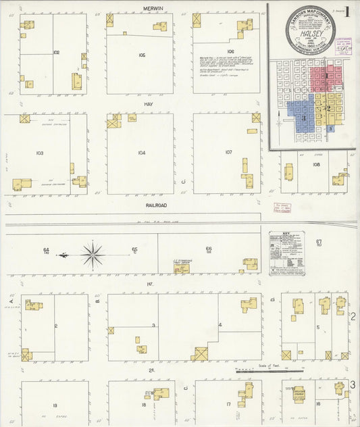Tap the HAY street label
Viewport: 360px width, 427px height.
(149, 105)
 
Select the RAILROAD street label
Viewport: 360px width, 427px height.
(156, 204)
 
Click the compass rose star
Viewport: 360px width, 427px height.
(93, 255)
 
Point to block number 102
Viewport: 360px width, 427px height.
(56, 52)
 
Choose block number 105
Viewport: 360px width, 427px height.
(142, 54)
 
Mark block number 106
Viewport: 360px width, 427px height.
(230, 51)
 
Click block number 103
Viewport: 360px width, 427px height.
(39, 153)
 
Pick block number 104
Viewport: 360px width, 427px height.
(142, 153)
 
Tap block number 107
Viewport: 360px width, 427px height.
(228, 152)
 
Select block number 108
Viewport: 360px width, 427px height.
(316, 164)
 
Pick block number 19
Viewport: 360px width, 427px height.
(55, 405)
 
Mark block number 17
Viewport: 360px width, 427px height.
(230, 404)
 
